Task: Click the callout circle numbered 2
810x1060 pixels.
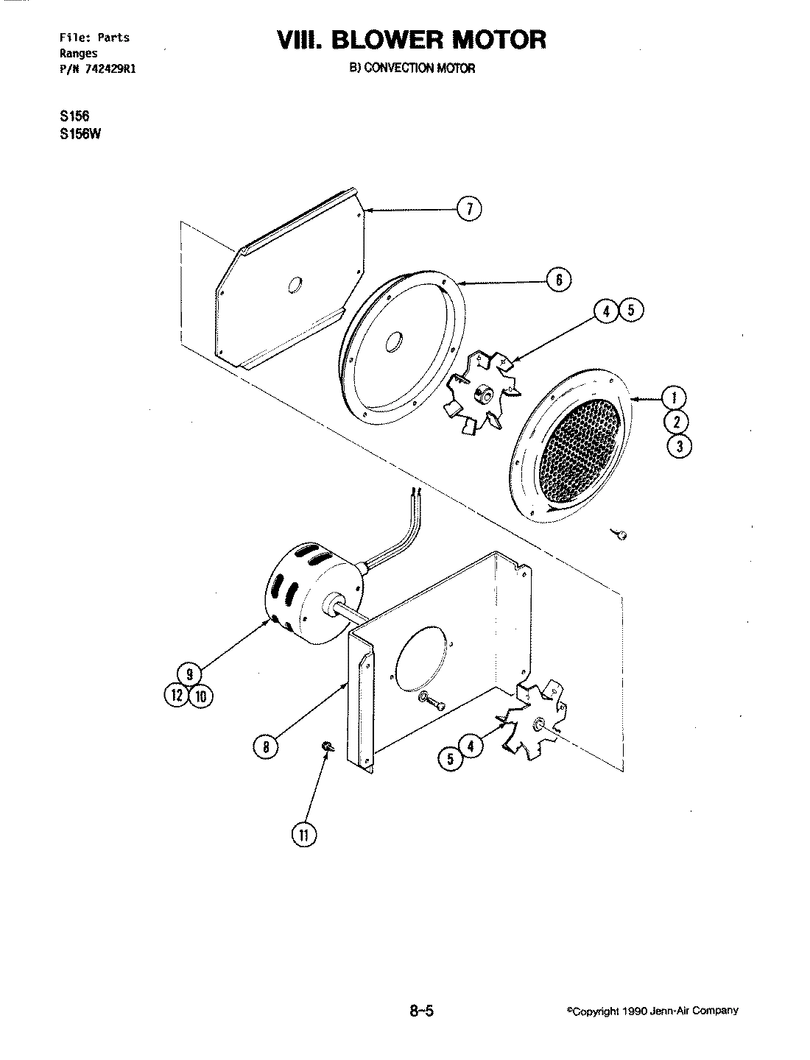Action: [x=677, y=422]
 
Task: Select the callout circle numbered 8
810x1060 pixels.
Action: [x=266, y=747]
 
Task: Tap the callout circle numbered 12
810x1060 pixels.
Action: [x=177, y=695]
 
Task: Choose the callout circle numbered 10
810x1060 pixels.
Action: [x=200, y=695]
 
